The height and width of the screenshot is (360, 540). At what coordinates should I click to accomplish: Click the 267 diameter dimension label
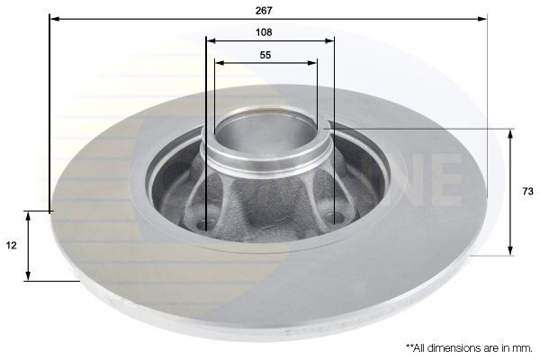pyautogui.click(x=264, y=10)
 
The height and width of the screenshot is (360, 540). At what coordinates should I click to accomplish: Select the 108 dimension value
pyautogui.click(x=264, y=32)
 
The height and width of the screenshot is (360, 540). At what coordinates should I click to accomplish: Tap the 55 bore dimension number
pyautogui.click(x=265, y=55)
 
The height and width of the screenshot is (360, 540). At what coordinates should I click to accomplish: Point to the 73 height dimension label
pyautogui.click(x=527, y=191)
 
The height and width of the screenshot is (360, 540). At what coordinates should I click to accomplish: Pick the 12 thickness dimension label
pyautogui.click(x=11, y=246)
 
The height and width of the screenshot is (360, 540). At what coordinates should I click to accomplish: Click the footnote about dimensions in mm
pyautogui.click(x=469, y=347)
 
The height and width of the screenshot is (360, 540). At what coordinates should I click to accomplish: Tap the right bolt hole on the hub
pyautogui.click(x=335, y=218)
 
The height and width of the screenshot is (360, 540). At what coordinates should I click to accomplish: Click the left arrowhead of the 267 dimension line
pyautogui.click(x=55, y=18)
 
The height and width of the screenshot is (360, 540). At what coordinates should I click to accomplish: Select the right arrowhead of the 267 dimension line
pyautogui.click(x=482, y=18)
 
